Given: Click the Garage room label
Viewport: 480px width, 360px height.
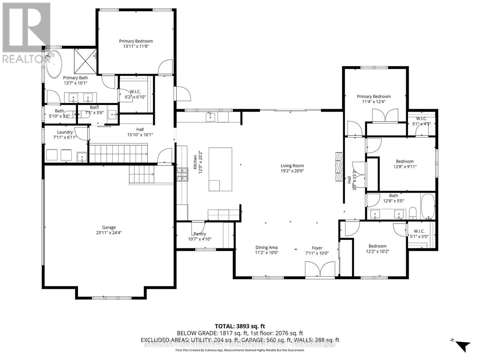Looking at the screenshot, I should [x=109, y=227].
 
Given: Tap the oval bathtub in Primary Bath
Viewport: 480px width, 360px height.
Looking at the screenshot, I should [x=54, y=64].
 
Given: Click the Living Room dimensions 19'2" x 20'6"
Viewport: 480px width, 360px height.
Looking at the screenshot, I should [x=292, y=171].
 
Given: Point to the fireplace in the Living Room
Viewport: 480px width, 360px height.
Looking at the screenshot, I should [x=339, y=166].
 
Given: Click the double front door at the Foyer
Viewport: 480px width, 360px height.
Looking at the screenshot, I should [x=320, y=269].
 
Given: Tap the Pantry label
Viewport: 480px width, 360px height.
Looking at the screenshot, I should [x=200, y=234].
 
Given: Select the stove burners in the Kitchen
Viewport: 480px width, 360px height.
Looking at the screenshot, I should [x=181, y=175].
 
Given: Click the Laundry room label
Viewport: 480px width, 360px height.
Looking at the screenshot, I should [x=65, y=132].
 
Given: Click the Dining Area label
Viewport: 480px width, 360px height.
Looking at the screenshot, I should [x=266, y=247].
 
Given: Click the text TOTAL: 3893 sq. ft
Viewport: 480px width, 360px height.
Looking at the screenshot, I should [x=240, y=326].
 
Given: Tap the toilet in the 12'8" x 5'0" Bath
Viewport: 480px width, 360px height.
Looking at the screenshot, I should [x=413, y=213].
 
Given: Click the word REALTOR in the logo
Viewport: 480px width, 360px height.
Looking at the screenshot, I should [x=23, y=59].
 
